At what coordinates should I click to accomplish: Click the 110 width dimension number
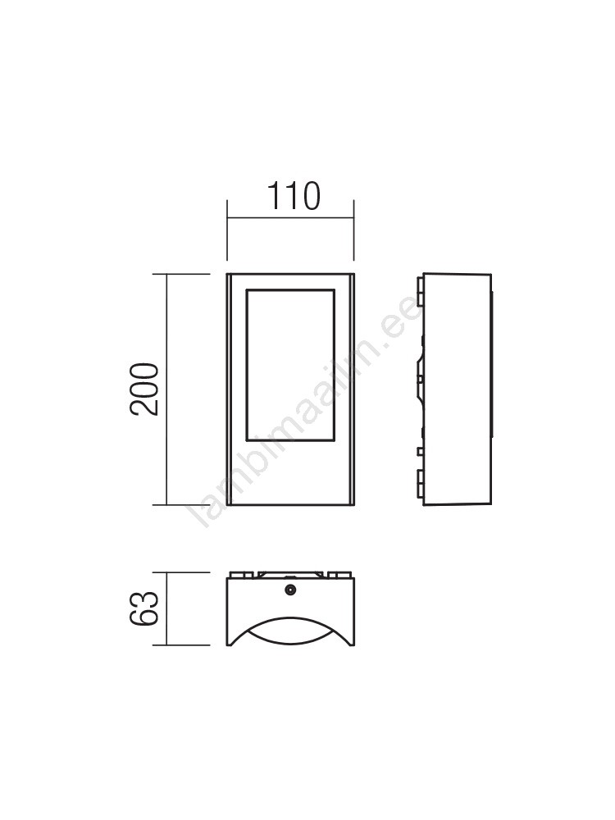tap(294, 196)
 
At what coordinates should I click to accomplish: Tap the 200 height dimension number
tap(143, 389)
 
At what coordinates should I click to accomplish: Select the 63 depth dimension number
tap(143, 608)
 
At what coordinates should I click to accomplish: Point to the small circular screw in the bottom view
tap(290, 590)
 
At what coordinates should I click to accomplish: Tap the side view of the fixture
tap(454, 389)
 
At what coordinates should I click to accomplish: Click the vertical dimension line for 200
tap(166, 389)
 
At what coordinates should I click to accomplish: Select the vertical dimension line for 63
tap(166, 608)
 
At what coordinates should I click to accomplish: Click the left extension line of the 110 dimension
tap(227, 230)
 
